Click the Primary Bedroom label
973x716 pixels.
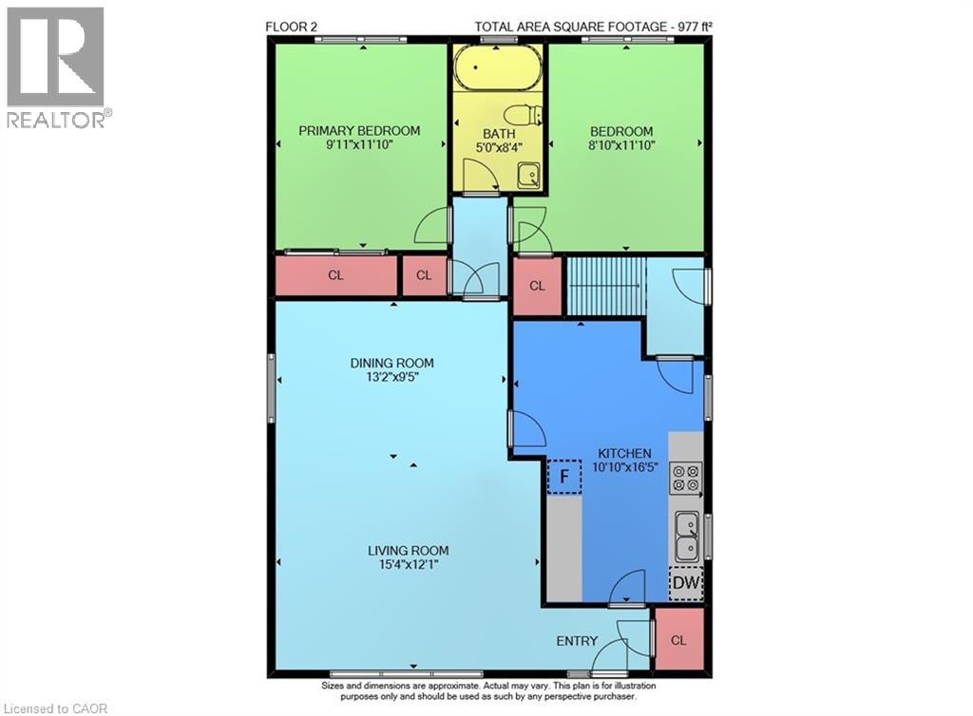tap(359, 131)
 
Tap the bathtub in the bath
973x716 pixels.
tap(498, 68)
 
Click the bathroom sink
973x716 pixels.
tap(528, 175)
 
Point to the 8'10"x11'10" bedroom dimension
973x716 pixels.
tap(621, 145)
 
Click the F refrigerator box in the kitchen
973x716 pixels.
tap(563, 477)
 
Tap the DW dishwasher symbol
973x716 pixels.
tap(685, 584)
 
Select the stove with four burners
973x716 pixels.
tap(685, 478)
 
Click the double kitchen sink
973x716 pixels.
tap(685, 537)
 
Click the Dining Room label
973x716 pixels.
tap(391, 363)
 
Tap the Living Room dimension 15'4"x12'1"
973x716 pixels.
tap(409, 564)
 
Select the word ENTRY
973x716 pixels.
tap(577, 641)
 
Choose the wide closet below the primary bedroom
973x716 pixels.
tap(335, 276)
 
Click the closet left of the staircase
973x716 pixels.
tap(537, 286)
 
